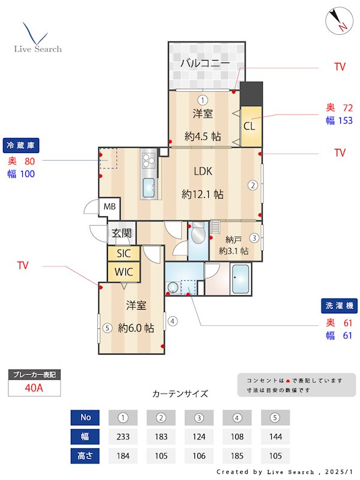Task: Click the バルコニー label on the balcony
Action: pyautogui.click(x=205, y=63)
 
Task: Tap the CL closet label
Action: pyautogui.click(x=249, y=127)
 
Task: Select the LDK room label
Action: pyautogui.click(x=203, y=172)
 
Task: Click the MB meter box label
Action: pyautogui.click(x=109, y=207)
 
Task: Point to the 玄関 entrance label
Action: pyautogui.click(x=120, y=233)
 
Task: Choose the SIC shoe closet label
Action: pyautogui.click(x=124, y=253)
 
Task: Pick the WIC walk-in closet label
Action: pyautogui.click(x=124, y=272)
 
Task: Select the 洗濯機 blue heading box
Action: pyautogui.click(x=339, y=306)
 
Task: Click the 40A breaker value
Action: pyautogui.click(x=34, y=388)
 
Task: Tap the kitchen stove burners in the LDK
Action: pyautogui.click(x=149, y=161)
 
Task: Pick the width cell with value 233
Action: pyautogui.click(x=123, y=437)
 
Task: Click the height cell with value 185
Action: pyautogui.click(x=237, y=456)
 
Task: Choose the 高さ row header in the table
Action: pyautogui.click(x=85, y=456)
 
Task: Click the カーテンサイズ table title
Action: pyautogui.click(x=180, y=394)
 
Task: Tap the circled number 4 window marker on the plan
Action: pyautogui.click(x=173, y=321)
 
